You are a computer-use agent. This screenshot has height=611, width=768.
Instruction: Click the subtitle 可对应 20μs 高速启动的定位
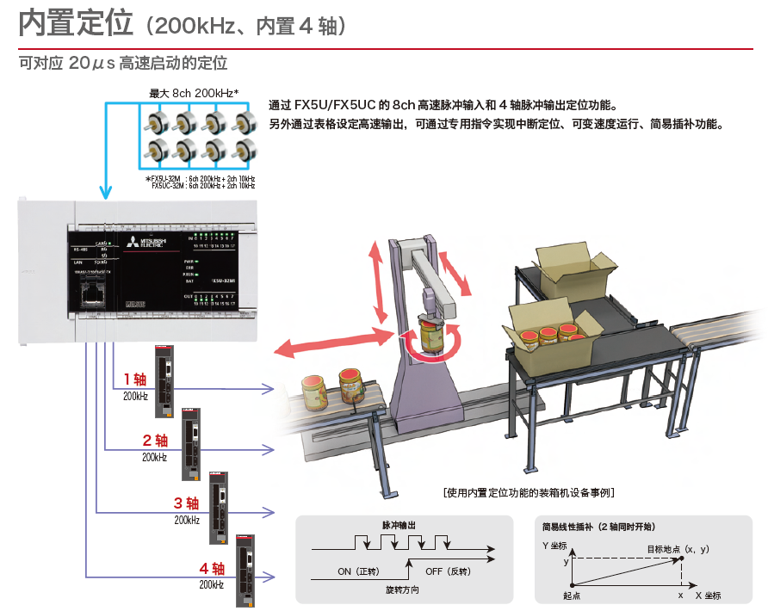[122, 64]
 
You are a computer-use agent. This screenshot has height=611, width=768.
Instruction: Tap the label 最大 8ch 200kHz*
[195, 93]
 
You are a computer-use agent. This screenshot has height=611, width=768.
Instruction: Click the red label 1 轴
[135, 380]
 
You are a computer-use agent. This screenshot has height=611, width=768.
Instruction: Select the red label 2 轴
[154, 441]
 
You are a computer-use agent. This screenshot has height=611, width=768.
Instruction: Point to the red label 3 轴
[186, 503]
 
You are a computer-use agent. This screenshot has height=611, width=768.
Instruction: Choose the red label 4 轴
[211, 569]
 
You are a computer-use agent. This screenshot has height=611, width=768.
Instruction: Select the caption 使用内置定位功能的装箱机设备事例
[529, 493]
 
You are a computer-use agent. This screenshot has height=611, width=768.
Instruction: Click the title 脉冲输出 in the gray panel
[399, 524]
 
